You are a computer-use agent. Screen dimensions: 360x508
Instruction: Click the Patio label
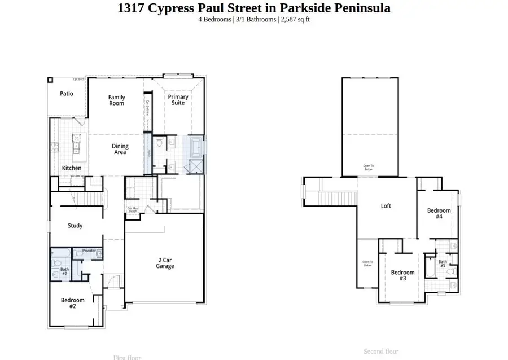click(x=67, y=94)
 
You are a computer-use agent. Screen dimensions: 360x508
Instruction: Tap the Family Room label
click(x=116, y=100)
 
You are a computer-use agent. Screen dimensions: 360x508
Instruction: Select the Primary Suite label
click(x=178, y=100)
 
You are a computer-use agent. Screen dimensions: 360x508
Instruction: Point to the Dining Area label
click(x=120, y=149)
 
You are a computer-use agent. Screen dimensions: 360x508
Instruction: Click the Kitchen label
click(x=72, y=168)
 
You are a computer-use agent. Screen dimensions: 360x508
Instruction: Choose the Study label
click(x=75, y=226)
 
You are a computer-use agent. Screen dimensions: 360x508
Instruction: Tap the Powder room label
click(x=89, y=251)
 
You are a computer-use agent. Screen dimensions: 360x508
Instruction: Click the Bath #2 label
click(x=64, y=271)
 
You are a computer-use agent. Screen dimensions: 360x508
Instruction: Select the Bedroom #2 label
click(x=72, y=304)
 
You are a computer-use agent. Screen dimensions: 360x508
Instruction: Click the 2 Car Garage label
click(x=165, y=263)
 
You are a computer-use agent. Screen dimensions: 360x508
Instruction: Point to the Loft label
click(x=386, y=206)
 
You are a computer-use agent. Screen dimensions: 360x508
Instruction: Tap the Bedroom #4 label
click(x=439, y=213)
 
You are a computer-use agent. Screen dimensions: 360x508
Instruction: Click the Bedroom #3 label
click(x=402, y=275)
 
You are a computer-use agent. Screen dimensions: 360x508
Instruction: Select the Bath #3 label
click(x=443, y=264)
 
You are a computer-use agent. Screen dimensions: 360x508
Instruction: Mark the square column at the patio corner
click(x=50, y=80)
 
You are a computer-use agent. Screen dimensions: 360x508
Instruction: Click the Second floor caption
click(x=381, y=352)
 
